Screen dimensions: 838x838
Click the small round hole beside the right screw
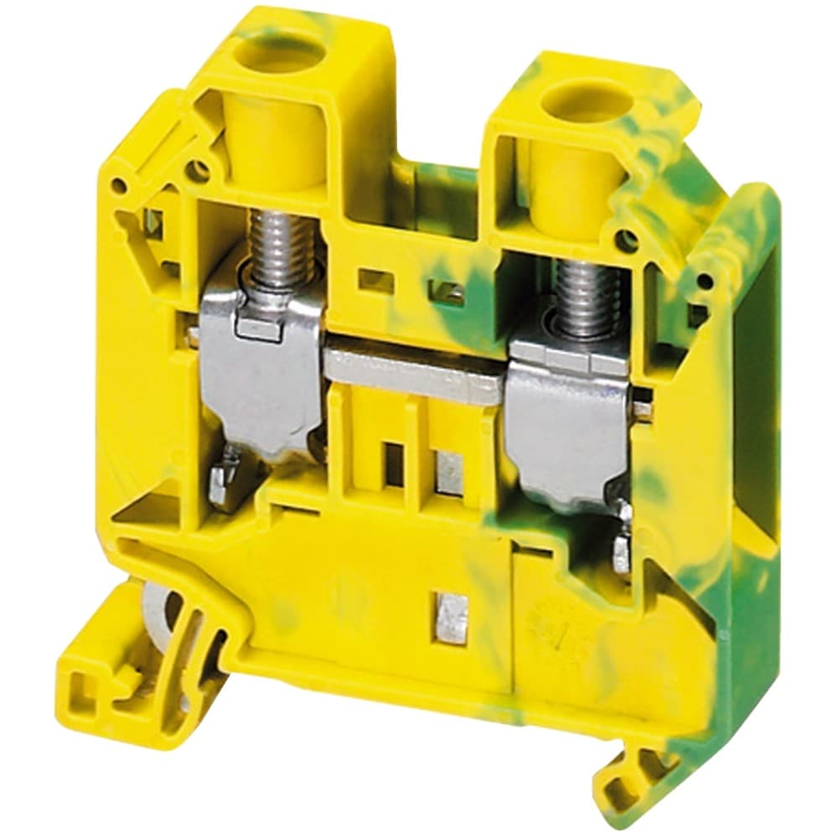coord(624,241)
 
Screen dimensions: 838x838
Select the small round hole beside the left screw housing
coord(199,173)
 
